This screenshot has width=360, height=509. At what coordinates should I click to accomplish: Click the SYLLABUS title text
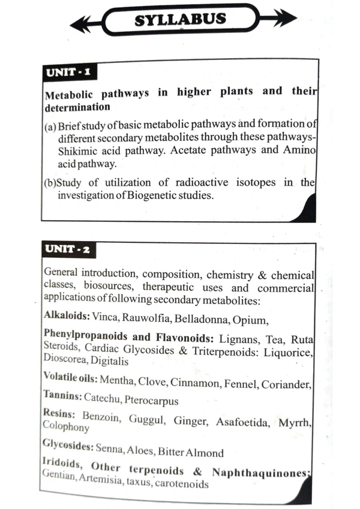tap(180, 19)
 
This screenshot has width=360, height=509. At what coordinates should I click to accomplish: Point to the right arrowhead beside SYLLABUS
tap(286, 18)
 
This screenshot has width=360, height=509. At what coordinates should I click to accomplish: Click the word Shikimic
tap(70, 149)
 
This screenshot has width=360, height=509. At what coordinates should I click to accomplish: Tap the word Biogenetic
tap(151, 196)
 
